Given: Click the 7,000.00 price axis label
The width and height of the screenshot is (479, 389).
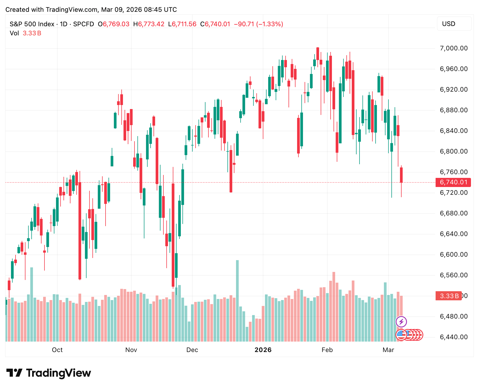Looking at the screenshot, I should [x=454, y=48].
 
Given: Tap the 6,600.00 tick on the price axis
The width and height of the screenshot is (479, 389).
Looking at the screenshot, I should [x=454, y=255].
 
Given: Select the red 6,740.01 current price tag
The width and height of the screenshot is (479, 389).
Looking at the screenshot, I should [x=453, y=182].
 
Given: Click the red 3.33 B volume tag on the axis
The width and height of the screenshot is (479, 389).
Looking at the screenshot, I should [x=449, y=296].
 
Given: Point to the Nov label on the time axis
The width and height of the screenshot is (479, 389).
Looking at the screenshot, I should [x=131, y=350].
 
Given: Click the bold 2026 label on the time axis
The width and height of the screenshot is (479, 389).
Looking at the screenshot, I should [x=263, y=350].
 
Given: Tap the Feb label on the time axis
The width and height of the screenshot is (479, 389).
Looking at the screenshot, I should [x=327, y=350].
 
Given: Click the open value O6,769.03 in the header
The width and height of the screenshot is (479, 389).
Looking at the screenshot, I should [x=114, y=24].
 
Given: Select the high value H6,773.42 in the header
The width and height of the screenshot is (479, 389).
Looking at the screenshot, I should [x=149, y=24].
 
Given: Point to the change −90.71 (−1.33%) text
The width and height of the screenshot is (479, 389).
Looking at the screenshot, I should [x=258, y=24].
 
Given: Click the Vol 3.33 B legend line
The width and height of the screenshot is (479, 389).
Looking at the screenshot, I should [x=25, y=33].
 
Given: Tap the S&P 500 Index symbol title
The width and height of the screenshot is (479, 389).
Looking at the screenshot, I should [x=32, y=24].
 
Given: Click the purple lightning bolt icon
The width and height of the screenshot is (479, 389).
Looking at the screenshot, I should [x=401, y=322].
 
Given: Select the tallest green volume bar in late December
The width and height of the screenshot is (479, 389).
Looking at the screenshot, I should [x=237, y=300].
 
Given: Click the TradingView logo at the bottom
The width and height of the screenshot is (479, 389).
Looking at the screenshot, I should [x=48, y=373].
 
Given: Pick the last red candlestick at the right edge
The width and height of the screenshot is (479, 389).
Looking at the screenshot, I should [x=401, y=175].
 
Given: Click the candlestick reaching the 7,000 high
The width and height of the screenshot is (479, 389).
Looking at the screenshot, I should [x=318, y=54].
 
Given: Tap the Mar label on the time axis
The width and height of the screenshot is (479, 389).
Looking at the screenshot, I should [x=388, y=350].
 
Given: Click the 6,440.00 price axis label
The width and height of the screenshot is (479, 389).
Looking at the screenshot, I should [x=454, y=337].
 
